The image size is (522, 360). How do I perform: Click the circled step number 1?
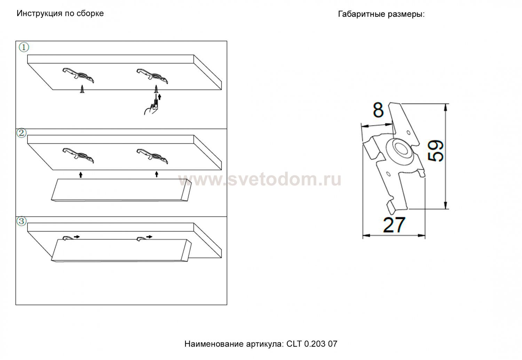tap(24, 47)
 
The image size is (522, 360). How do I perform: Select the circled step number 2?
tap(22, 133)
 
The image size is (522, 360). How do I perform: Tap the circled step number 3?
tap(22, 221)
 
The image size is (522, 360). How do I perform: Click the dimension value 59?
tap(435, 151)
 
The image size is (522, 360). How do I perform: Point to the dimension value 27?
tap(394, 225)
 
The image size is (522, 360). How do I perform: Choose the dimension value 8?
tap(378, 110)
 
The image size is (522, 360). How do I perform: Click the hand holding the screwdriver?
tap(151, 107)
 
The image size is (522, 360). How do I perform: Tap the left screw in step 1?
tap(82, 89)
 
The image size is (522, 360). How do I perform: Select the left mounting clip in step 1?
tap(78, 75)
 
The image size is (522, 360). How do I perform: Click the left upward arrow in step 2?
tap(81, 175)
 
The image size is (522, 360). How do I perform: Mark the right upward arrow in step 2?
tap(157, 174)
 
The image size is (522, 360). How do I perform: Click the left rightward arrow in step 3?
tap(77, 237)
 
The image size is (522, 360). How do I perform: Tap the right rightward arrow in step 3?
tap(149, 237)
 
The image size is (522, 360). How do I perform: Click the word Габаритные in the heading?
tap(362, 14)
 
